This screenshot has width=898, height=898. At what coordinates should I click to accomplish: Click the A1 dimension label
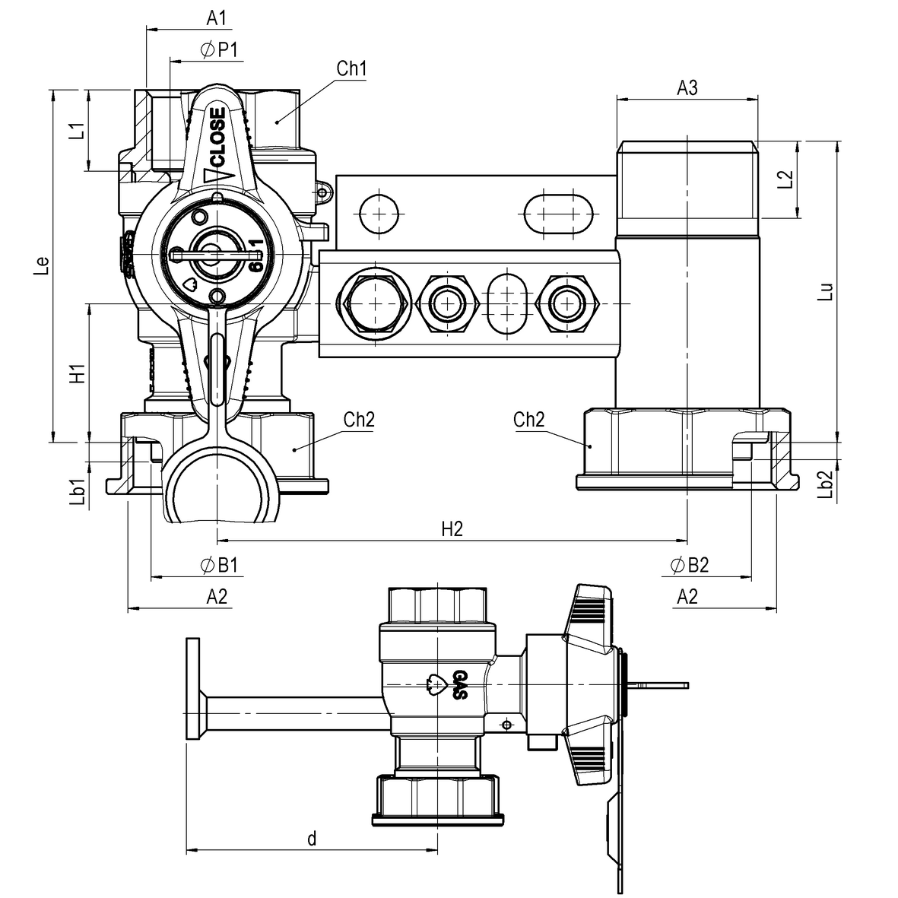216,17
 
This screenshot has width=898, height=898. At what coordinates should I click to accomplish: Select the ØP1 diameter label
221,49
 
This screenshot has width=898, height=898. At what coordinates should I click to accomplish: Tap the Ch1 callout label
352,69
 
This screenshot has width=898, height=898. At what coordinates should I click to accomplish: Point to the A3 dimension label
687,88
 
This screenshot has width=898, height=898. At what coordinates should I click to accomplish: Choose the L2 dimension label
786,179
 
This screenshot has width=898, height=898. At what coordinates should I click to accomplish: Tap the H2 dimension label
452,529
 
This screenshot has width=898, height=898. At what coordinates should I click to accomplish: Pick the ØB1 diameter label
219,565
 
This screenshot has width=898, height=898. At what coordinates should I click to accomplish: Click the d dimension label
311,839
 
